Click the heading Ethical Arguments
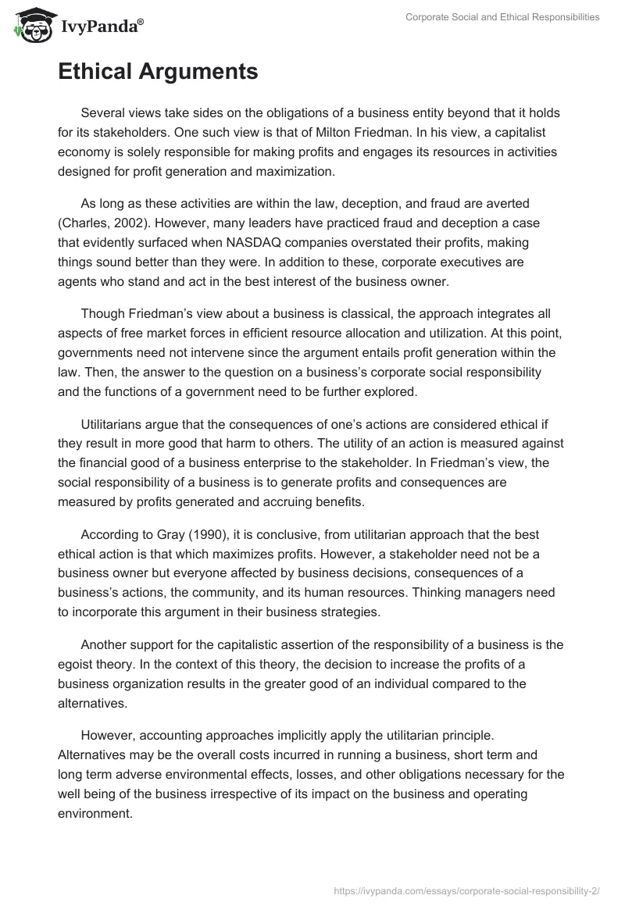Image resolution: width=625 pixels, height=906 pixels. click(157, 72)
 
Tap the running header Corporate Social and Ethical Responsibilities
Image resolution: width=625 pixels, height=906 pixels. click(502, 17)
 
